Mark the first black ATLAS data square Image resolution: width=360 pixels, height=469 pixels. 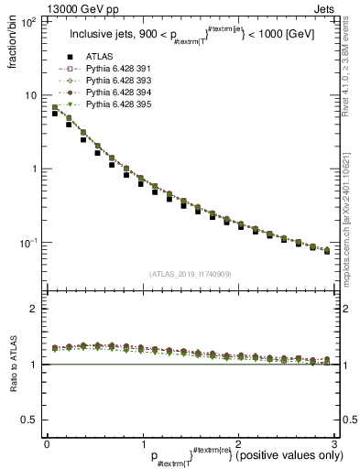[55, 115]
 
